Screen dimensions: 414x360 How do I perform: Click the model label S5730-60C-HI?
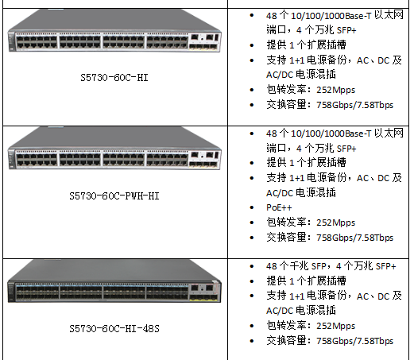pos(114,78)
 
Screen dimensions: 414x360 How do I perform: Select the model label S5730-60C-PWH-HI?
pos(114,196)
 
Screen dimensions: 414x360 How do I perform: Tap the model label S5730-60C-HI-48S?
pos(114,328)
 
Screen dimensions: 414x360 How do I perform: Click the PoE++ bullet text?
pos(279,207)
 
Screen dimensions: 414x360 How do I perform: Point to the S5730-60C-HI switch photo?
pos(114,31)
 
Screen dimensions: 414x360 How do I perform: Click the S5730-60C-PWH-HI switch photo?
pos(114,149)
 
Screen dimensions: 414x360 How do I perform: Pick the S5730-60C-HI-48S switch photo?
pos(114,281)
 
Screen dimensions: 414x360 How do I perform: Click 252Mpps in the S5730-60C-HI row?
pos(335,90)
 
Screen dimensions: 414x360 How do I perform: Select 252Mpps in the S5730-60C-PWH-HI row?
pos(335,223)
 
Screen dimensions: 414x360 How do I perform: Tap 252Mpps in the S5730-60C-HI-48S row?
pos(335,326)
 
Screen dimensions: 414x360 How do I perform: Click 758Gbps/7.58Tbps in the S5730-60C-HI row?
pos(354,105)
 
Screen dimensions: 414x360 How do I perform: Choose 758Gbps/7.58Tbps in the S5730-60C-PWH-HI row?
pos(354,238)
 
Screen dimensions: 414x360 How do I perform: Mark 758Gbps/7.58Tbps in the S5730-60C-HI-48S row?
pos(354,341)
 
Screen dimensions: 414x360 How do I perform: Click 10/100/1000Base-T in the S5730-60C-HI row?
pos(331,16)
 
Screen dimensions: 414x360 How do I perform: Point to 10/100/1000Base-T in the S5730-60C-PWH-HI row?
pos(331,134)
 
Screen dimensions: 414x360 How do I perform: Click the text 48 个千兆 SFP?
pos(296,266)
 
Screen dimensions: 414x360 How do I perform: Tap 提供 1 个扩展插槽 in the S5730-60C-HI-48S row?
pos(306,281)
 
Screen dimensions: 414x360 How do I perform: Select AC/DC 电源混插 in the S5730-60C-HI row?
pos(301,75)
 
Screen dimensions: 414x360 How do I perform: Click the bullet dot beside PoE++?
pos(252,207)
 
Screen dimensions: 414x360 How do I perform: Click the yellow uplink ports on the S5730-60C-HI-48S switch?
pos(203,298)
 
